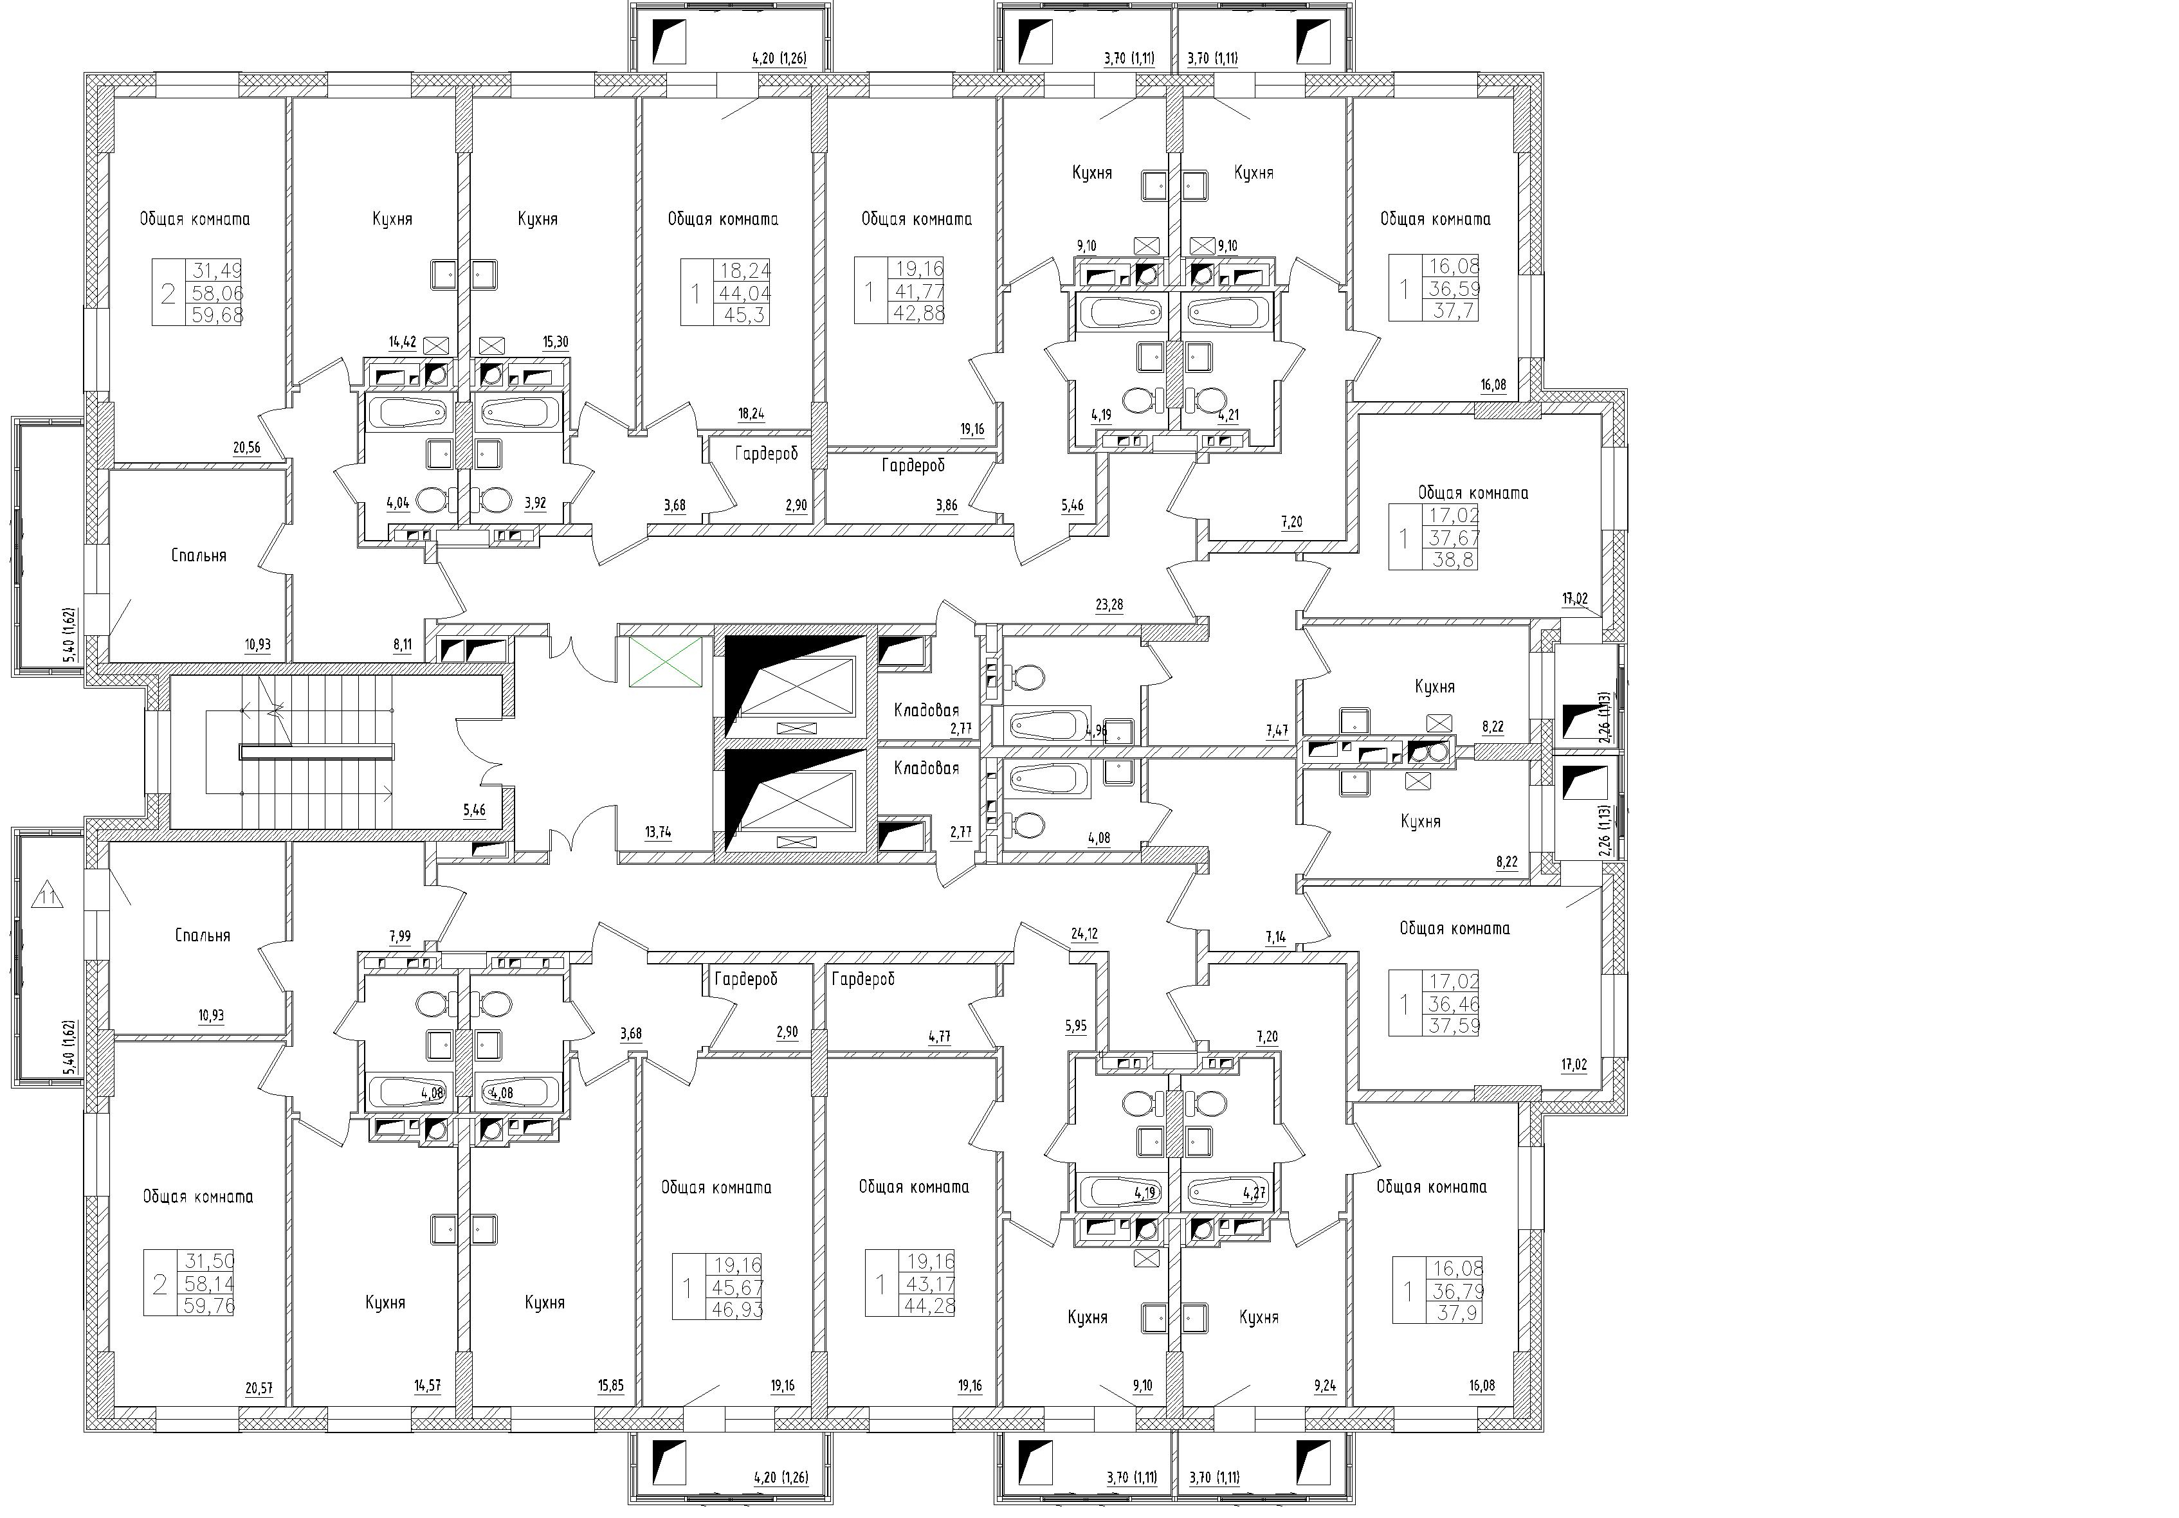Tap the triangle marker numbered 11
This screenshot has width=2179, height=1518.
coord(48,896)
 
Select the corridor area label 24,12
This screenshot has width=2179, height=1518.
coord(1084,934)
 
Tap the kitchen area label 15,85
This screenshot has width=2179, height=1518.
coord(611,1386)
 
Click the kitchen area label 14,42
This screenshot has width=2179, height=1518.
coord(403,343)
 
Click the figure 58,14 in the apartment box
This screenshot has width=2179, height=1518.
coord(211,1284)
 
